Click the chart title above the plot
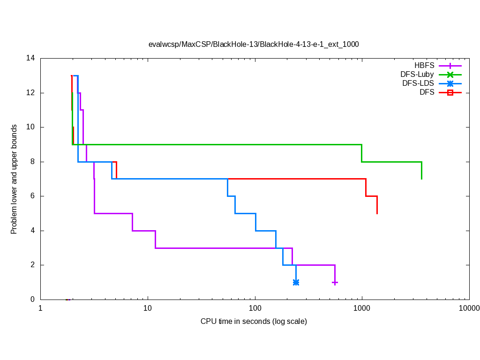pyautogui.click(x=254, y=45)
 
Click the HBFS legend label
pyautogui.click(x=424, y=65)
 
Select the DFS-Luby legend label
pyautogui.click(x=417, y=74)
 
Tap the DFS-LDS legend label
pyautogui.click(x=418, y=83)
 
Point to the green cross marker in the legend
pyautogui.click(x=450, y=74)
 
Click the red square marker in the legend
pyautogui.click(x=450, y=93)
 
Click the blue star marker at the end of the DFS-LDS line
pyautogui.click(x=296, y=282)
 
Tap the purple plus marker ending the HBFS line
pyautogui.click(x=335, y=282)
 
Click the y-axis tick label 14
pyautogui.click(x=30, y=58)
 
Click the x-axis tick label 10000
pyautogui.click(x=469, y=308)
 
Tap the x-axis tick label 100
pyautogui.click(x=255, y=308)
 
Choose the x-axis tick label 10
pyautogui.click(x=148, y=308)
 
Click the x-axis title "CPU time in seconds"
pyautogui.click(x=254, y=322)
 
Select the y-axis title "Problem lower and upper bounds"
pyautogui.click(x=14, y=179)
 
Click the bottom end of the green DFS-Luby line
pyautogui.click(x=421, y=179)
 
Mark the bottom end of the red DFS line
pyautogui.click(x=377, y=213)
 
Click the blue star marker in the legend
pyautogui.click(x=450, y=83)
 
